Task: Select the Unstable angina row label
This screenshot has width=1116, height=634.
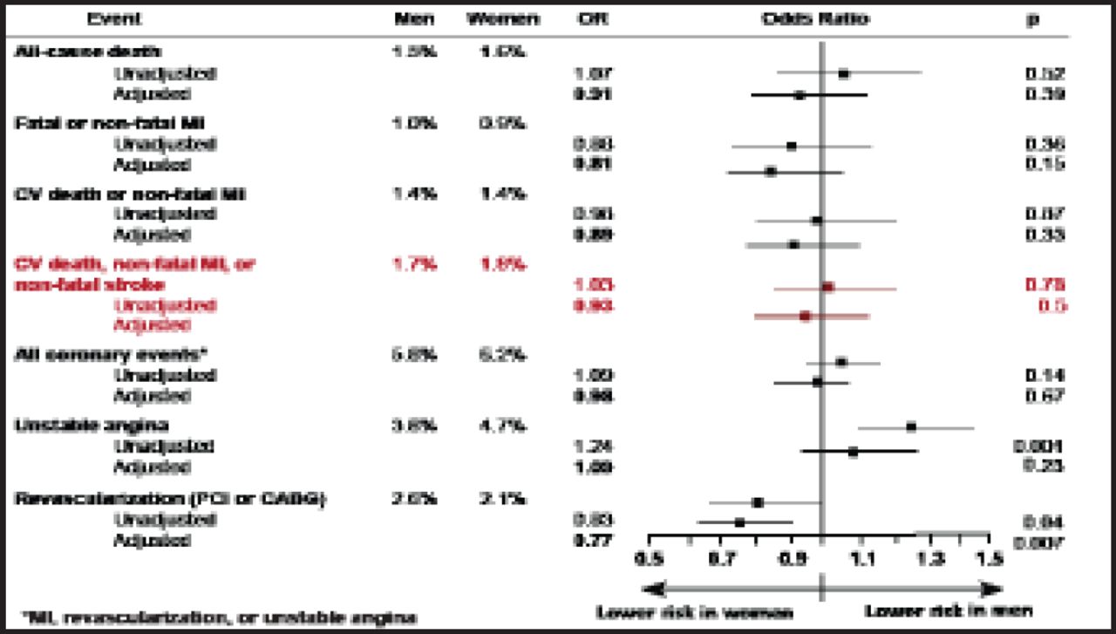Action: pyautogui.click(x=80, y=425)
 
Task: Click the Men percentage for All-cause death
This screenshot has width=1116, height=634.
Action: pyautogui.click(x=415, y=51)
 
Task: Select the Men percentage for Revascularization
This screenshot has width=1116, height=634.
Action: pyautogui.click(x=415, y=499)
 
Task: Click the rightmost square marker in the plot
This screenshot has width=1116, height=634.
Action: pyautogui.click(x=911, y=427)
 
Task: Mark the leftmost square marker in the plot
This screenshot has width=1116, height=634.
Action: pyautogui.click(x=739, y=522)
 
